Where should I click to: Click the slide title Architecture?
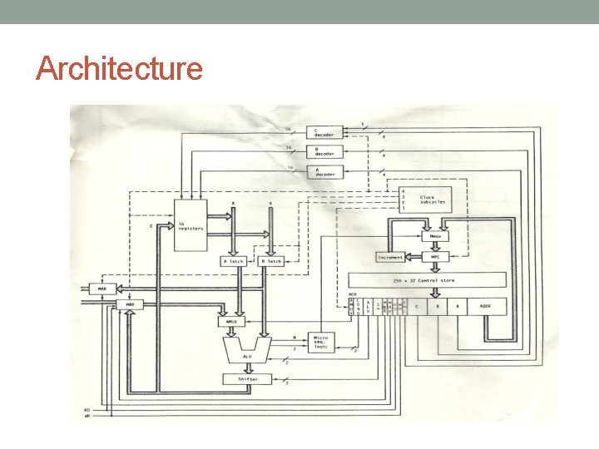120,68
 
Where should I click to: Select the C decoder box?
324,132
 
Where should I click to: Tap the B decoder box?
324,151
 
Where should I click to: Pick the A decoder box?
324,171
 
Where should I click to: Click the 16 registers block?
190,224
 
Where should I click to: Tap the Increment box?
391,257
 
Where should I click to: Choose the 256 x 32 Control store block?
427,281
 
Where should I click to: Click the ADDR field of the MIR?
486,306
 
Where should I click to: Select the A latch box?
235,261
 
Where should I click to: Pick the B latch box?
271,261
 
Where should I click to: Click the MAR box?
102,289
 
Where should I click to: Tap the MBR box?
129,304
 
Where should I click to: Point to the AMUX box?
230,320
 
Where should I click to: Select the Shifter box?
248,379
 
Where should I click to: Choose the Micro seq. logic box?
320,341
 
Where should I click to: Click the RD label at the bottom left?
87,409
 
